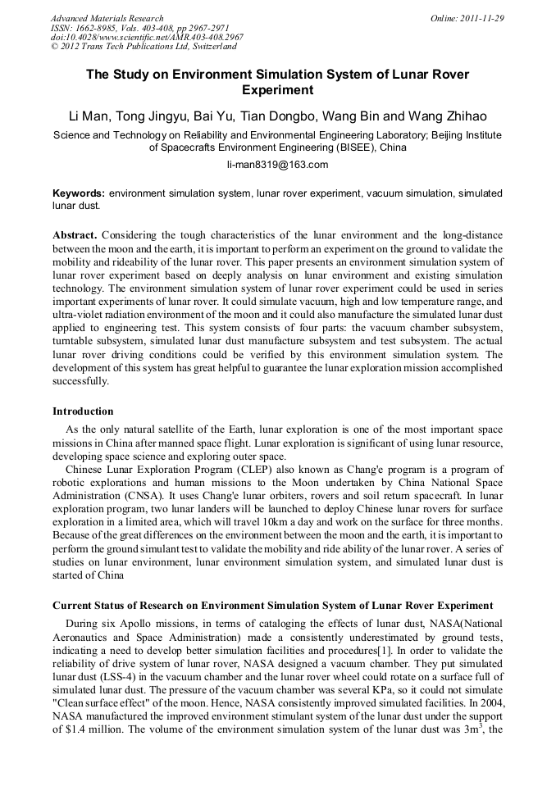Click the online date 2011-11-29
(x=481, y=18)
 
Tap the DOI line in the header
(x=147, y=38)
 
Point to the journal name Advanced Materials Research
(x=107, y=18)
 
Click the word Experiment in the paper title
(x=278, y=90)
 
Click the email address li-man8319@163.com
(x=277, y=165)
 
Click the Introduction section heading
(x=83, y=411)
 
